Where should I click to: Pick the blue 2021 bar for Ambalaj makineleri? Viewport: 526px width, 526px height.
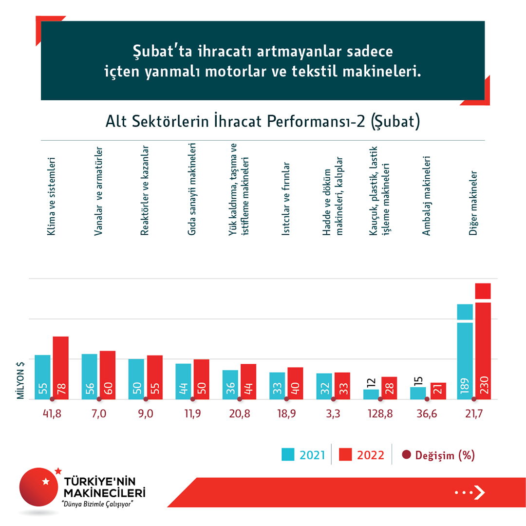[418, 393]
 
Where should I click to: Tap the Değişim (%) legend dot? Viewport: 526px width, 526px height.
[406, 455]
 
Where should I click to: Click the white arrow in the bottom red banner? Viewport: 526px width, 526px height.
[479, 492]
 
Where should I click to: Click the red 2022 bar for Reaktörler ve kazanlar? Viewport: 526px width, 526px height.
[155, 377]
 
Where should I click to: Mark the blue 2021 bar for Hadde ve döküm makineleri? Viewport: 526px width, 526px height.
[324, 386]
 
